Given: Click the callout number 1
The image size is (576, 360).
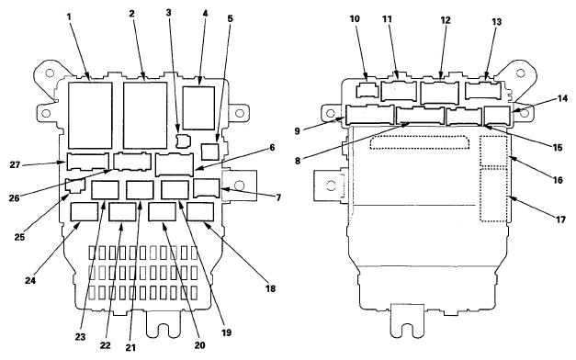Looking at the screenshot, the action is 69,17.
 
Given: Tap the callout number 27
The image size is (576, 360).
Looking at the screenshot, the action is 15,164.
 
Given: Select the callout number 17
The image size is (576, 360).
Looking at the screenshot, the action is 560,219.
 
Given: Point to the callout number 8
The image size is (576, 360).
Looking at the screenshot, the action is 298,161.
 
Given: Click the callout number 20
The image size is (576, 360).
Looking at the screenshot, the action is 200,345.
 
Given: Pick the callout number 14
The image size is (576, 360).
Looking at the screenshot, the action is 562,98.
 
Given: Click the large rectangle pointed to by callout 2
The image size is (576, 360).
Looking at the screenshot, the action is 145,116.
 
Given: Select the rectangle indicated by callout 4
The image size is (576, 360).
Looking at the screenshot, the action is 198,108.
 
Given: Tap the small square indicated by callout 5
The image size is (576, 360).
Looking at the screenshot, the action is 210,152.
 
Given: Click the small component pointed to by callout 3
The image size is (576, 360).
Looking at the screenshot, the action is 184,141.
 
